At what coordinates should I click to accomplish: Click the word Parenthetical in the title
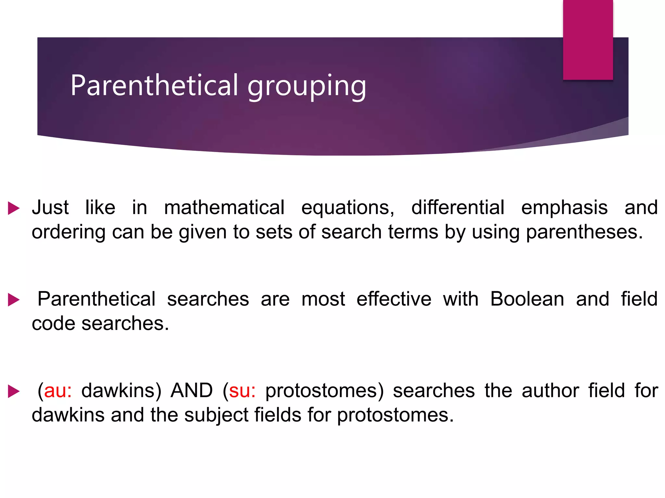click(155, 85)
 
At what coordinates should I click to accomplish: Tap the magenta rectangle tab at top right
click(588, 40)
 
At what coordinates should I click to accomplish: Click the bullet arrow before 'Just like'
click(14, 208)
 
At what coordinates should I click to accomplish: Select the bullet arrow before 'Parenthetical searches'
click(14, 300)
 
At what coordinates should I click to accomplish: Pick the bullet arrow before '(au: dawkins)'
click(14, 391)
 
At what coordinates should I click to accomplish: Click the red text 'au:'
click(58, 390)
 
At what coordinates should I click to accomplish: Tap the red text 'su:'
click(242, 390)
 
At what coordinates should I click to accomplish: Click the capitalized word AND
click(192, 390)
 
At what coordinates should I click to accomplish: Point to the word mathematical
click(224, 207)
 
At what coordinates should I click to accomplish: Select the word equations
click(347, 208)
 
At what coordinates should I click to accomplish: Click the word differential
click(458, 207)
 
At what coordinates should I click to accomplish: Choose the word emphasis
click(564, 208)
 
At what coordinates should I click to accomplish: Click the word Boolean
click(527, 299)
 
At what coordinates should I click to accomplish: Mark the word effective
click(394, 299)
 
